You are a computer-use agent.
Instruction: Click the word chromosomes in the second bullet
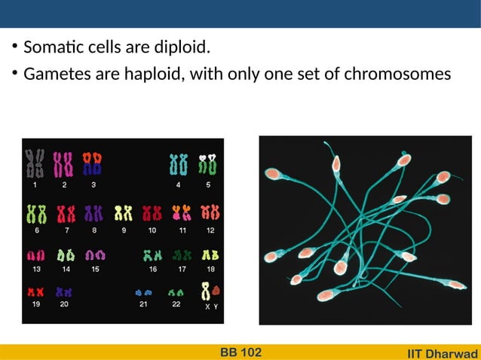point(404,75)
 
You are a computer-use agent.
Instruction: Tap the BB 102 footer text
point(240,352)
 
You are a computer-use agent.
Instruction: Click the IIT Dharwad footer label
point(443,353)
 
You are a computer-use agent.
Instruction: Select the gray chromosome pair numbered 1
point(35,163)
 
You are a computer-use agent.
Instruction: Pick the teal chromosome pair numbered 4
point(178,164)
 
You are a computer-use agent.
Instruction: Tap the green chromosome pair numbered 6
point(36,213)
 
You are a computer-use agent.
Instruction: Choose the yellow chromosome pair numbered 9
point(124,214)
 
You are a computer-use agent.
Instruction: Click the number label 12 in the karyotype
point(210,230)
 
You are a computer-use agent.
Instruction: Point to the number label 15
point(95,268)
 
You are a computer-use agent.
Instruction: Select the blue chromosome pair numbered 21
point(143,291)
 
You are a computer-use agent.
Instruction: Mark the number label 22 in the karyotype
point(176,304)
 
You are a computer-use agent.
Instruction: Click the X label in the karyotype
point(207,307)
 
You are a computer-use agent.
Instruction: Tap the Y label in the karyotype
point(216,307)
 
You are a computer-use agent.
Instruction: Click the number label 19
point(36,304)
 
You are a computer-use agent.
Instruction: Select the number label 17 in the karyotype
point(182,268)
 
